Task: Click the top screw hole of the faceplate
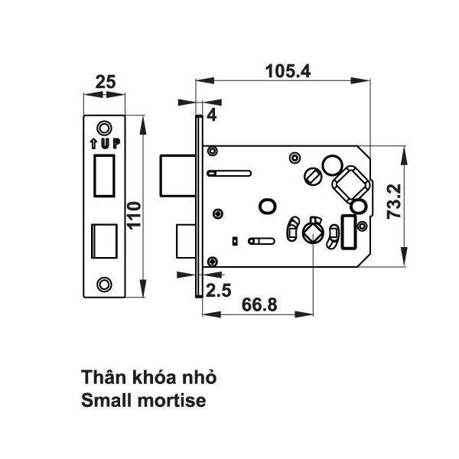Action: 105,126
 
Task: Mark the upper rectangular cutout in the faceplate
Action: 104,174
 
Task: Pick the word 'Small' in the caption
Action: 106,399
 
